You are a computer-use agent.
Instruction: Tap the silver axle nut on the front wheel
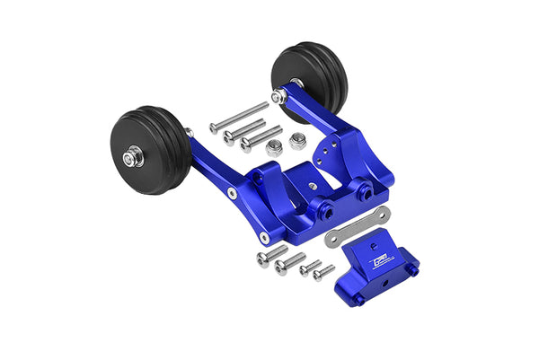pyautogui.click(x=134, y=158)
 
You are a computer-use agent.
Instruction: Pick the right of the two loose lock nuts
pyautogui.click(x=296, y=141)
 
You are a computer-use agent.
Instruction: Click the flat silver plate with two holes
pyautogui.click(x=358, y=226)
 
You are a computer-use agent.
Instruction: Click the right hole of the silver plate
pyautogui.click(x=381, y=216)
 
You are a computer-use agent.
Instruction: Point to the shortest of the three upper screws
pyautogui.click(x=261, y=138)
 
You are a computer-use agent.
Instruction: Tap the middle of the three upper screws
pyautogui.click(x=243, y=131)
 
